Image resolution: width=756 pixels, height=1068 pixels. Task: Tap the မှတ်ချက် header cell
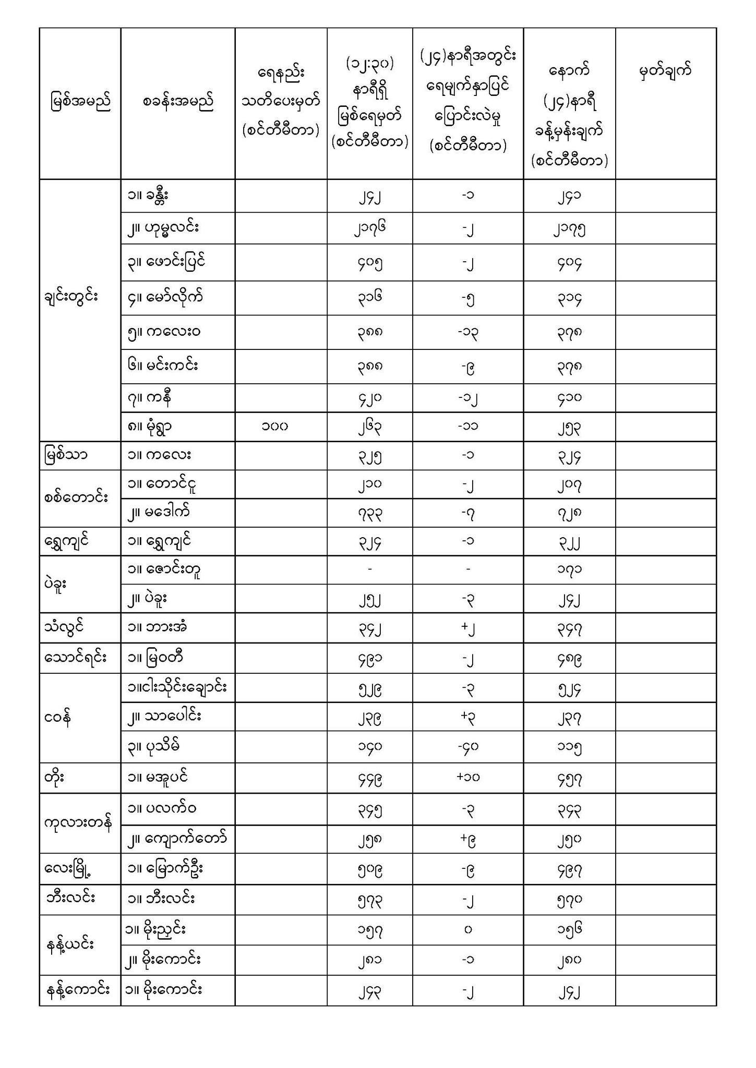[x=665, y=70]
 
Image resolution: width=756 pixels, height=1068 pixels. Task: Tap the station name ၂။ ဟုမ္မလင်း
[x=163, y=228]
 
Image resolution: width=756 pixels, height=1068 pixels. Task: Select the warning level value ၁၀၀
[x=275, y=427]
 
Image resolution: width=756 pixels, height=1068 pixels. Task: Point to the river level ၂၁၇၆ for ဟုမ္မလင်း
[x=369, y=228]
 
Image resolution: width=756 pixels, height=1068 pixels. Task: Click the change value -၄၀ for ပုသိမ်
[x=467, y=747]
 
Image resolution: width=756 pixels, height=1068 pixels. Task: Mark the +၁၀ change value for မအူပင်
[x=467, y=778]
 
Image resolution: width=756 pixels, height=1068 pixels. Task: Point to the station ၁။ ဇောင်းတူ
[x=164, y=569]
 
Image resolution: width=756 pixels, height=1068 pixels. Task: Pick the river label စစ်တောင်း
[x=76, y=498]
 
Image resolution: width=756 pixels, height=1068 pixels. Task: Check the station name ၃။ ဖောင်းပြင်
[x=166, y=262]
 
